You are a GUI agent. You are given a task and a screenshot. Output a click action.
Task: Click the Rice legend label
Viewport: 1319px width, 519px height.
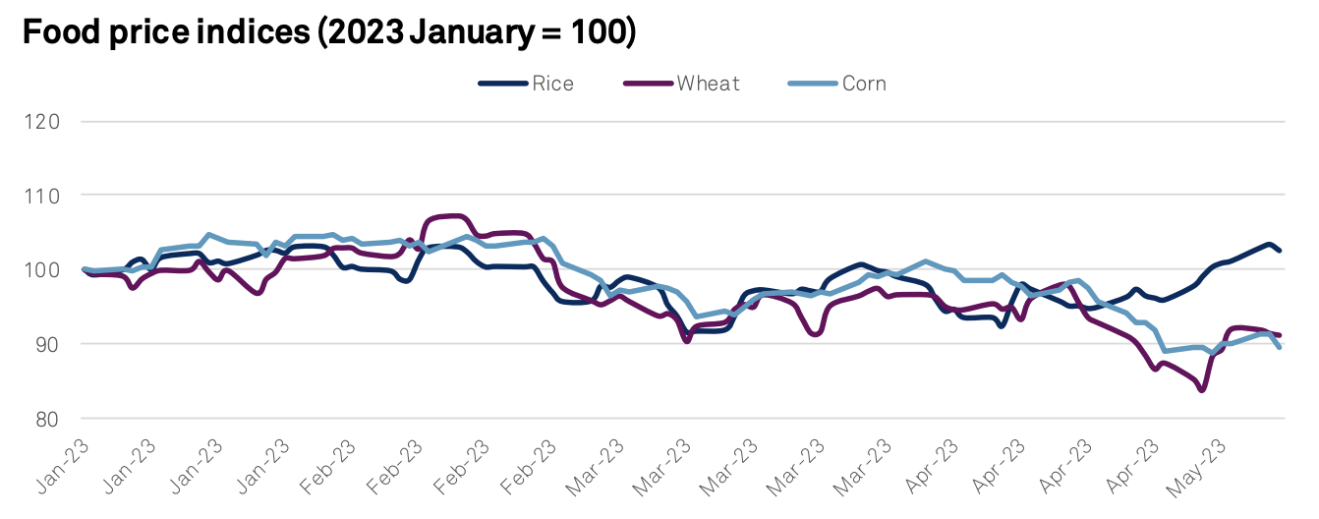click(x=552, y=84)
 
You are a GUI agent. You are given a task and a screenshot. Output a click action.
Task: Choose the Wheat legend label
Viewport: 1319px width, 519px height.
click(x=708, y=84)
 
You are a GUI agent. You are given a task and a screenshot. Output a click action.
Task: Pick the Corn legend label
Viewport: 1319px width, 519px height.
click(x=864, y=84)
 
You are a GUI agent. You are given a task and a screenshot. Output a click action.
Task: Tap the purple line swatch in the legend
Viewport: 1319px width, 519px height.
click(x=649, y=84)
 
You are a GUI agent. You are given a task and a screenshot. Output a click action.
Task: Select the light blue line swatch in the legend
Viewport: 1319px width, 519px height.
click(x=812, y=84)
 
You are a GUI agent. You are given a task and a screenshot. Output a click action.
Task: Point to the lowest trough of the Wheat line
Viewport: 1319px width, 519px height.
click(x=1202, y=390)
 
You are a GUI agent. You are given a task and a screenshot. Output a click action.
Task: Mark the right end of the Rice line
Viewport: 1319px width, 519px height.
click(x=1279, y=251)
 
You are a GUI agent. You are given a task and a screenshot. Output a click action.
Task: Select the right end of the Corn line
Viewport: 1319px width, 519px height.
click(x=1279, y=347)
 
